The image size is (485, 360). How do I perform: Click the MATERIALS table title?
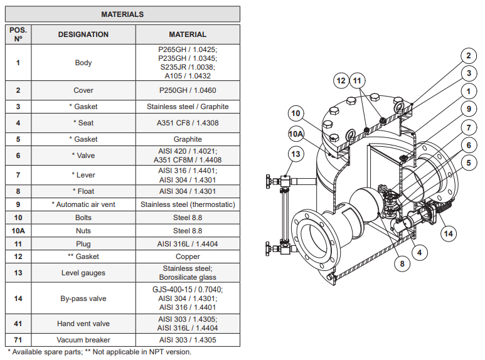(x=122, y=14)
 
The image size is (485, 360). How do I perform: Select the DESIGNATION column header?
(x=83, y=34)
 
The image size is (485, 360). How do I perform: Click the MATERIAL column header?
(x=188, y=34)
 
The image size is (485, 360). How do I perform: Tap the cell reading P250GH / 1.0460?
(x=188, y=90)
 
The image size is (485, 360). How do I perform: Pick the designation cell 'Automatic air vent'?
(x=83, y=204)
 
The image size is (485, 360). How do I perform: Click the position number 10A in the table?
(x=18, y=231)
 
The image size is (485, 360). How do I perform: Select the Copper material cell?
(x=188, y=257)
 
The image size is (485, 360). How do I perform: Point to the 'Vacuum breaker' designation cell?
(x=83, y=340)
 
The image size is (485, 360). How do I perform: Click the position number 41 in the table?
(x=18, y=324)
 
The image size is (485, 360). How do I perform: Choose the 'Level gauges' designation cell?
(x=83, y=273)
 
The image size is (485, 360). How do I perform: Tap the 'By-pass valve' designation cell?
(x=83, y=299)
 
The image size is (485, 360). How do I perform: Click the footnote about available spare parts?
(x=99, y=352)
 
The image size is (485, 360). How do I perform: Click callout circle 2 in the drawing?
(x=467, y=56)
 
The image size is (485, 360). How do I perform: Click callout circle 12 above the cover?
(x=341, y=81)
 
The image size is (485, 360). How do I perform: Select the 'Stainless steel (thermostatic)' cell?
(x=188, y=204)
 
